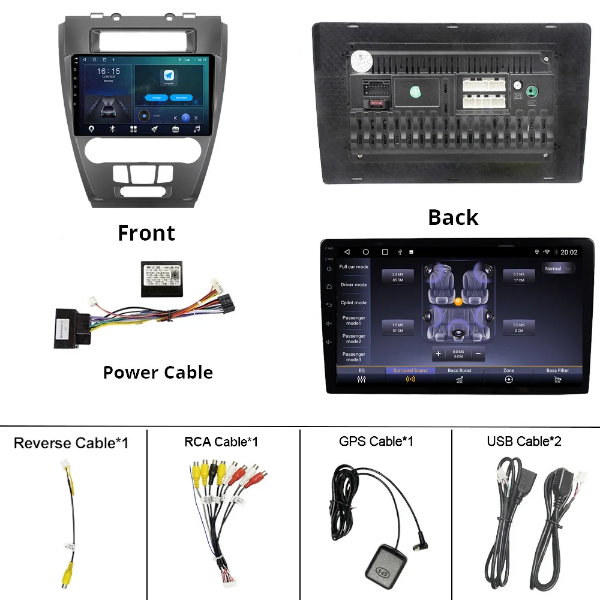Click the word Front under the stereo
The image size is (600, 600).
click(146, 233)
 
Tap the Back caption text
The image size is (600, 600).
click(453, 217)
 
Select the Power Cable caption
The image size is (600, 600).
click(158, 372)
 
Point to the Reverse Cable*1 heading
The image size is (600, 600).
click(71, 443)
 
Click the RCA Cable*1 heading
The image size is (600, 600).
click(221, 442)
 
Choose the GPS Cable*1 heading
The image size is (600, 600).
click(376, 442)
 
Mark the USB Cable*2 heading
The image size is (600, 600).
click(524, 442)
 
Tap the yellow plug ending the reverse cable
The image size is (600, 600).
click(65, 578)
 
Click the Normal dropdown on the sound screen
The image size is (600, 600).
click(558, 269)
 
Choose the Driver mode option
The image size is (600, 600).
click(353, 285)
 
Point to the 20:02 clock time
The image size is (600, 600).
click(569, 252)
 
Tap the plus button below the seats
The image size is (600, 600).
click(439, 353)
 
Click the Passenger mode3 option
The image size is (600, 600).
click(353, 356)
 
